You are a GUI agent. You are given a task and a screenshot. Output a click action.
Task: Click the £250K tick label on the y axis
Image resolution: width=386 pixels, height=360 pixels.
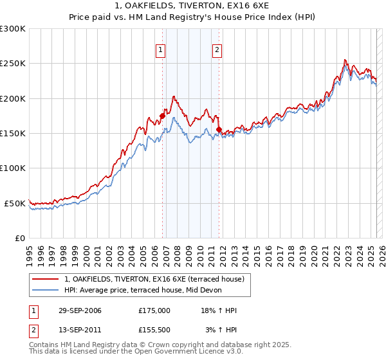tap(12, 64)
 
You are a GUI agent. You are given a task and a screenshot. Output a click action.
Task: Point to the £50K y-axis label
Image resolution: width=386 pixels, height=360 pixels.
tap(15, 203)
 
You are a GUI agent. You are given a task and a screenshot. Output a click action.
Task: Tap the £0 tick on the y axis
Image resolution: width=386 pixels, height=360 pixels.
tap(20, 238)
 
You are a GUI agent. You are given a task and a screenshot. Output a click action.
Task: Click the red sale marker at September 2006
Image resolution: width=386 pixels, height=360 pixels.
tap(163, 116)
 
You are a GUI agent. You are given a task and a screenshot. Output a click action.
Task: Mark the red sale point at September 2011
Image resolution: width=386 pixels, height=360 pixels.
tap(219, 130)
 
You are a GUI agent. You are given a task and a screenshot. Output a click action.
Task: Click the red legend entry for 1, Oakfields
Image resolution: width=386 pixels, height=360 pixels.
tap(154, 280)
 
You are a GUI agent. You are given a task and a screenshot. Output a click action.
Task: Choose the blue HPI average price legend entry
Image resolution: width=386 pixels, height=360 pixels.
tap(143, 291)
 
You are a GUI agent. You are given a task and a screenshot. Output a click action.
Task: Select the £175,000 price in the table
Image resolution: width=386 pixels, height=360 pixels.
tap(154, 310)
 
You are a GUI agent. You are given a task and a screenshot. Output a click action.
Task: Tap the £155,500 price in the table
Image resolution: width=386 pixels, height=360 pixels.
tap(154, 330)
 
